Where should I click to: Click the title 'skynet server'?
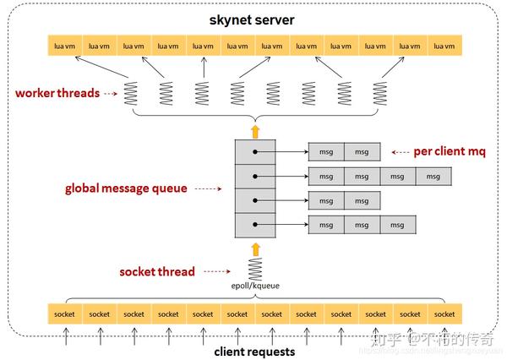pos(253,18)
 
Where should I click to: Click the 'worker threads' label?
pos(57,92)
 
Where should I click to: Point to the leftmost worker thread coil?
pos(132,92)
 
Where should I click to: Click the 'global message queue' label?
pos(126,188)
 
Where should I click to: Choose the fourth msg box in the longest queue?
pos(433,177)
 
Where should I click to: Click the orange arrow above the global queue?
pos(253,129)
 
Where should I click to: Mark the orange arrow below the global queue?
pos(253,248)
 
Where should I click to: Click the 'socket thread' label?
pos(157,271)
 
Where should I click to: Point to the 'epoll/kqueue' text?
pos(254,286)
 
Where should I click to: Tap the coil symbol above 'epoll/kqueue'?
pos(253,270)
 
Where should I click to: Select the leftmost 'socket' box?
pos(63,314)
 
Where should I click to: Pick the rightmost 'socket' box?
pos(444,314)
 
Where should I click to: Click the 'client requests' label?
pos(253,351)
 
